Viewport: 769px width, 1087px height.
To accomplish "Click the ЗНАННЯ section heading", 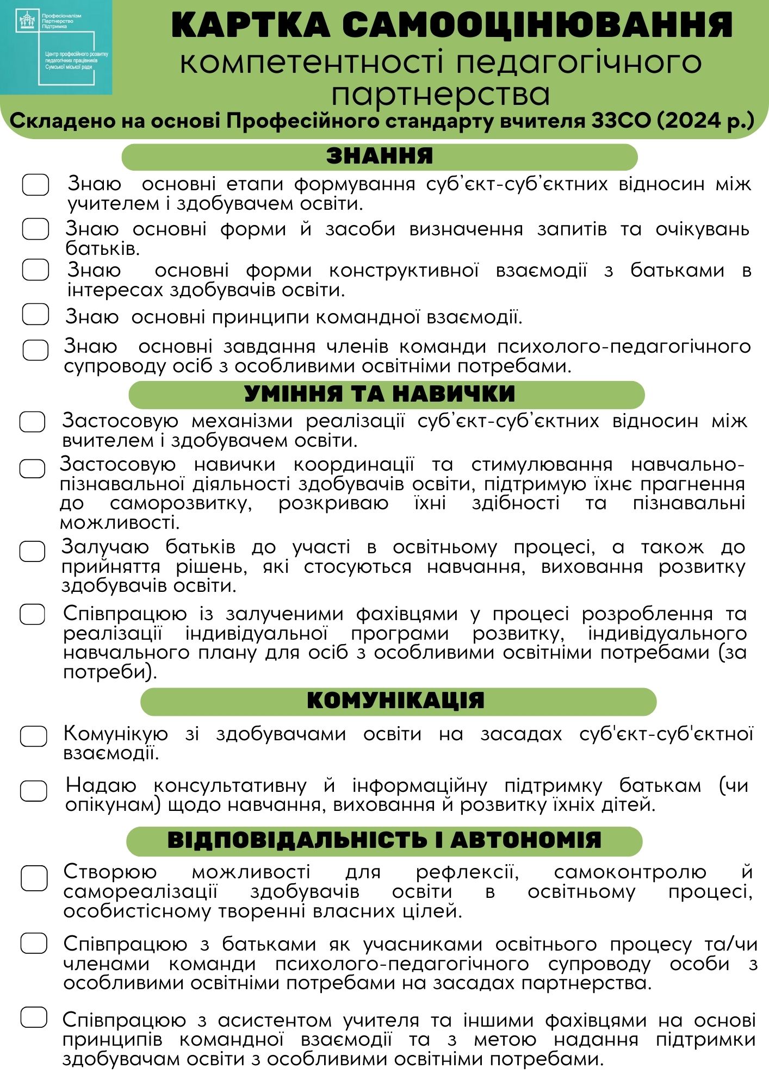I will click(379, 157).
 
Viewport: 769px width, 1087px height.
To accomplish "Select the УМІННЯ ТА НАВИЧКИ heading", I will click(379, 394).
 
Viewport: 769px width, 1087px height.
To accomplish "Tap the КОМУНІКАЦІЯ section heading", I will click(395, 701).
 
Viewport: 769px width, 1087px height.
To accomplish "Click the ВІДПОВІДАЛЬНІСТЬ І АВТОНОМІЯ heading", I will click(384, 840).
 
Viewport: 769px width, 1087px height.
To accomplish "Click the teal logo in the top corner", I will click(56, 47).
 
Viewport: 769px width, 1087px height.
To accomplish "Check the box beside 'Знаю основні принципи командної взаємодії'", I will click(35, 314).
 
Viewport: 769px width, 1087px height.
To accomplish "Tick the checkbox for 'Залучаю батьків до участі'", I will click(32, 551).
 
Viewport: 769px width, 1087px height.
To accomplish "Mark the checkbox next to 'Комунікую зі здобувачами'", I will click(34, 736).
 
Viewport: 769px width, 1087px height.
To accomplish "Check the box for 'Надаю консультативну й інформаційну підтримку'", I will click(34, 791).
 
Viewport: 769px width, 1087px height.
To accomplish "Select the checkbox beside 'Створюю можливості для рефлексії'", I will click(34, 878).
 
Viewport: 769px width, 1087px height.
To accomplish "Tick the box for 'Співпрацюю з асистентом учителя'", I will click(34, 1017).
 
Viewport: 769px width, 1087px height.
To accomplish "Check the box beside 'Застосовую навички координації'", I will click(32, 468).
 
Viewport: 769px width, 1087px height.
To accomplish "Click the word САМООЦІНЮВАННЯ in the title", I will click(537, 25).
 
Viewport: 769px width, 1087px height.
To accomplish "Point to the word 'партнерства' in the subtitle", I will click(441, 94).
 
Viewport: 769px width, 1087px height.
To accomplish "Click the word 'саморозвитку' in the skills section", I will click(181, 503).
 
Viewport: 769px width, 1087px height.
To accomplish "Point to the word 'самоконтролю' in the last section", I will click(630, 872).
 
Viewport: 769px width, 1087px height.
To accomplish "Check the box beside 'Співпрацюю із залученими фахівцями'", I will click(32, 615).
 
